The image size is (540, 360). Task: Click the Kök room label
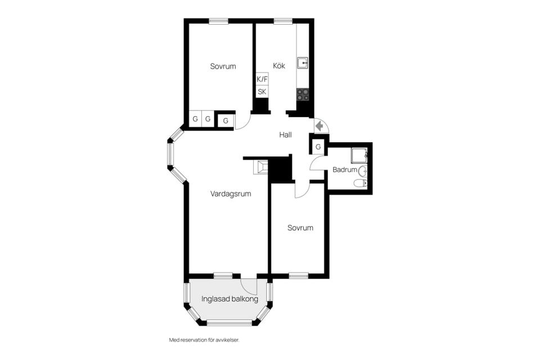[279, 65]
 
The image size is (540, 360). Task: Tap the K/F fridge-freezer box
[262, 79]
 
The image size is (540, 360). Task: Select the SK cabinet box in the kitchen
[262, 92]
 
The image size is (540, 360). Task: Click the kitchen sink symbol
[303, 63]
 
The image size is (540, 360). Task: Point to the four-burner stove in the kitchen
[303, 94]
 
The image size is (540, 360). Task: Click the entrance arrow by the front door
[320, 126]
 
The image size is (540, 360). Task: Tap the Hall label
[286, 134]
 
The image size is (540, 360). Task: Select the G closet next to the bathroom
[318, 147]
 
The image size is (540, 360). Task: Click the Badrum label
[345, 169]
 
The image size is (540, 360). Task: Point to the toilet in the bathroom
[361, 183]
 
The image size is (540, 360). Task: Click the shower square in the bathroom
[359, 156]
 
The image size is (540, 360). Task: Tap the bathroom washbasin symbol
[363, 170]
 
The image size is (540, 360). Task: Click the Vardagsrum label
[231, 193]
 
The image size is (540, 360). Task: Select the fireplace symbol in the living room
[260, 168]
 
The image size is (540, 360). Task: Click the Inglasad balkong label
[229, 299]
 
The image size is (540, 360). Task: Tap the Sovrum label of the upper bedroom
[223, 66]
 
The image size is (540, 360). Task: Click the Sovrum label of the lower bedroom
[300, 228]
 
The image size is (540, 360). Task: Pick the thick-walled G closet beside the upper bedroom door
[226, 120]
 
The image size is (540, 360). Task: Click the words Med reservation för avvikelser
[204, 340]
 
